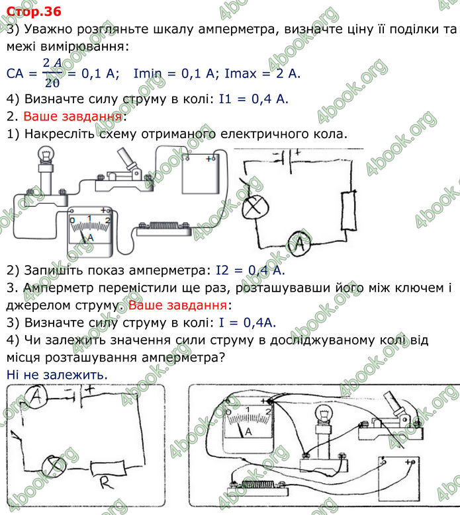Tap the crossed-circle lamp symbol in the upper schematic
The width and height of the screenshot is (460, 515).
(x=252, y=207)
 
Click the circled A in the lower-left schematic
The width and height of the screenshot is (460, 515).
(x=38, y=396)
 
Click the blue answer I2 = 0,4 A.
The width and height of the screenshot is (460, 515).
(x=250, y=270)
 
